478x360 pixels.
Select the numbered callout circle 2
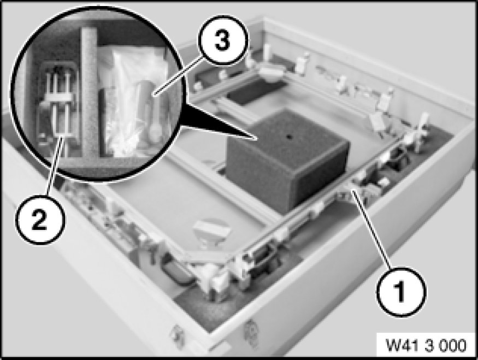tap(41, 220)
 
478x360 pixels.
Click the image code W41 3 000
tap(426, 346)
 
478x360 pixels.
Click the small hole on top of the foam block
tap(288, 137)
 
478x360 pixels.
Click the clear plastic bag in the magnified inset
tap(138, 101)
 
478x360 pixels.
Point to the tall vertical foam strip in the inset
tap(89, 91)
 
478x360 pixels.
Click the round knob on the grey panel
tap(210, 231)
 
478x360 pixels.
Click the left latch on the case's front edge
tap(178, 335)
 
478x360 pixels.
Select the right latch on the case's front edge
tap(251, 332)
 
